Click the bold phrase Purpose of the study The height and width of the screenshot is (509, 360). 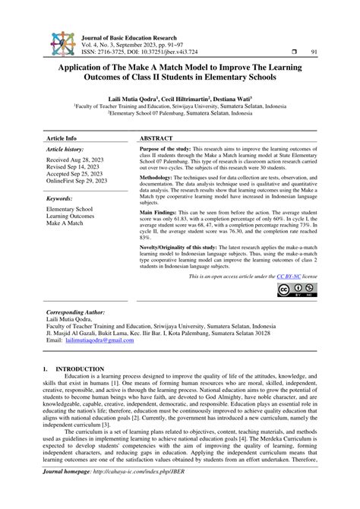pos(168,150)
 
